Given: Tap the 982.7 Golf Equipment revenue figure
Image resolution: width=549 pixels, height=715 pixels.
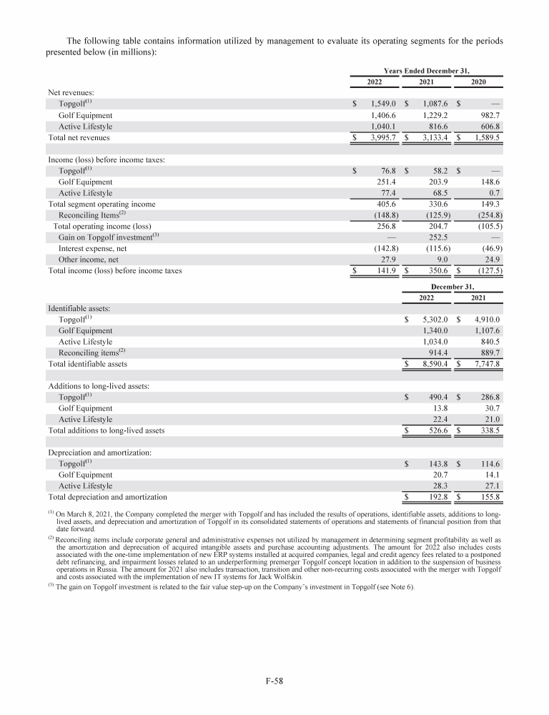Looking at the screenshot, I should click(488, 114).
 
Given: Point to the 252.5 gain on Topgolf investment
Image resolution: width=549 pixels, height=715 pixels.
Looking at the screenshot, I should click(437, 237).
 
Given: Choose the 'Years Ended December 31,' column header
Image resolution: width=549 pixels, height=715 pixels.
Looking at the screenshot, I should click(427, 70).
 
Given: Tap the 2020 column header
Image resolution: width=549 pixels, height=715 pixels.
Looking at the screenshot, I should click(480, 82).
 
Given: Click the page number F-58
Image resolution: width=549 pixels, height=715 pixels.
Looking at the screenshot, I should click(274, 681).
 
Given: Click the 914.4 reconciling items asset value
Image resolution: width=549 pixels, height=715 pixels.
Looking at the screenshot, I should click(437, 352).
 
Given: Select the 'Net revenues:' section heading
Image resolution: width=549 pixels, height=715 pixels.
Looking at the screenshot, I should click(71, 92).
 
